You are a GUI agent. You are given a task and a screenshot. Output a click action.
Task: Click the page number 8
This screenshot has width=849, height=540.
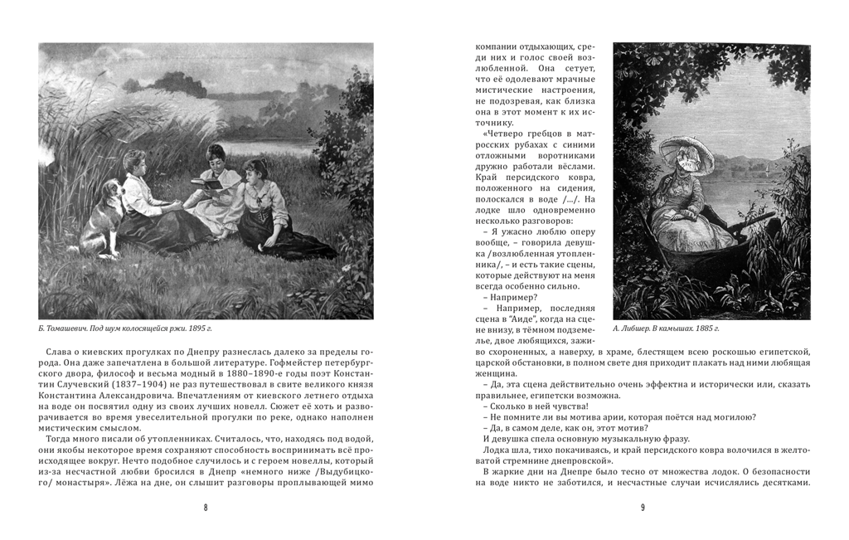tap(206, 508)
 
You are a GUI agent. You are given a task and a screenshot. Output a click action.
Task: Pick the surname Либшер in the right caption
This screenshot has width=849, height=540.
tap(639, 329)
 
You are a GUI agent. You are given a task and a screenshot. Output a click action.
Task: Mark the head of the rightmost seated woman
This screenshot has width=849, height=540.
tap(255, 169)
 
